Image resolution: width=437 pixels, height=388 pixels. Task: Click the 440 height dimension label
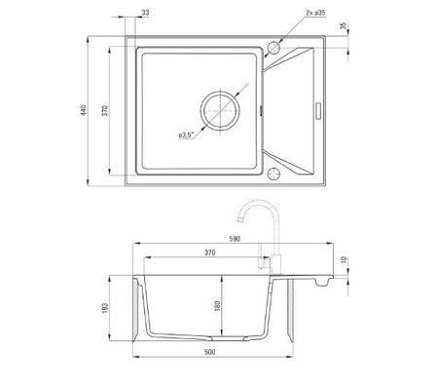[84, 110]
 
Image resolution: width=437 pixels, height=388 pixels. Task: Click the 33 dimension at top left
[145, 13]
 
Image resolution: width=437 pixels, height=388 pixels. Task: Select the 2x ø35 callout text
[315, 13]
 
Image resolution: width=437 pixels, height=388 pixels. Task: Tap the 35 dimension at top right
[344, 25]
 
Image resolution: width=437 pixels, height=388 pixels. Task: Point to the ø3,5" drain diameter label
[186, 136]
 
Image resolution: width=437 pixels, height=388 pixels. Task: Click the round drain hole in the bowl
[221, 110]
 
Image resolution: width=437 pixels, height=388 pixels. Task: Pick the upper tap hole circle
[273, 48]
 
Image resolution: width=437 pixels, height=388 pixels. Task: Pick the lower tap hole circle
[273, 174]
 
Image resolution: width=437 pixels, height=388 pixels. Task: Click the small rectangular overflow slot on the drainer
[318, 110]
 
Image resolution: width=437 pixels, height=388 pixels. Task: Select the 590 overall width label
[235, 239]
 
